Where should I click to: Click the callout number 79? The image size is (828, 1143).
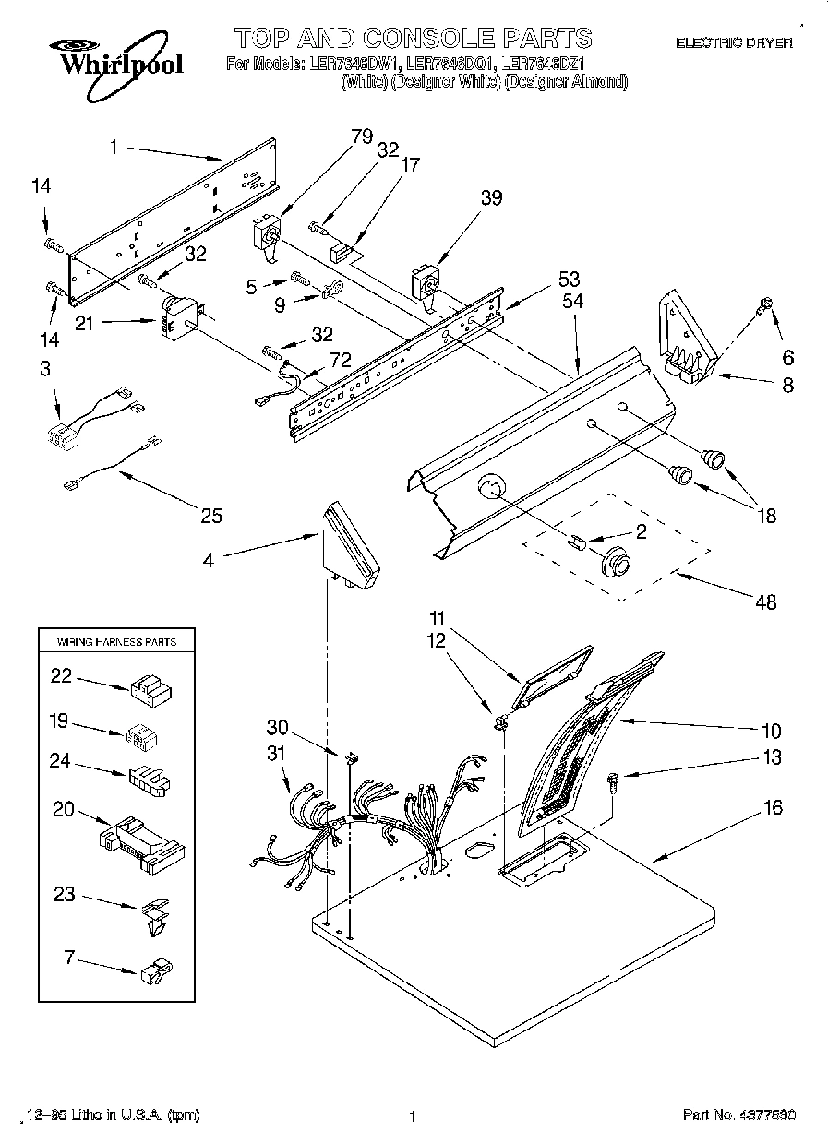[362, 137]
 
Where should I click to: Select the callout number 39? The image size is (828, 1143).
[491, 197]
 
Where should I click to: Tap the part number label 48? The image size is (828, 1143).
[765, 603]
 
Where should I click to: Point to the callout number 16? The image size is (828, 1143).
[773, 808]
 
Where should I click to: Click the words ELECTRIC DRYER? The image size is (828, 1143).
[735, 42]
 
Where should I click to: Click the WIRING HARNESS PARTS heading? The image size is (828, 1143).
[117, 641]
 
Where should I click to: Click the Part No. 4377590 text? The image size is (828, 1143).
[738, 1115]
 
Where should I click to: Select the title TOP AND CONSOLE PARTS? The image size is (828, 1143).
[413, 38]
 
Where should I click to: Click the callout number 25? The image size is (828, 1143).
[211, 516]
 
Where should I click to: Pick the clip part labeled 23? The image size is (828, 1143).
[154, 915]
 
